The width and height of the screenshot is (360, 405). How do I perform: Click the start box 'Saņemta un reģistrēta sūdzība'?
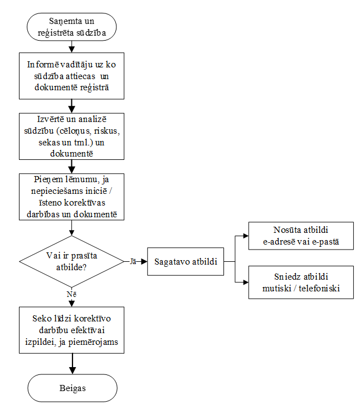click(x=71, y=27)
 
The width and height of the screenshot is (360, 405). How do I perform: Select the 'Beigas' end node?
click(x=72, y=388)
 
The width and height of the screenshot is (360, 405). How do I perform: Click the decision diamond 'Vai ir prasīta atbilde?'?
click(x=71, y=261)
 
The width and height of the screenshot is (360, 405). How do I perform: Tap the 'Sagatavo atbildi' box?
click(x=186, y=261)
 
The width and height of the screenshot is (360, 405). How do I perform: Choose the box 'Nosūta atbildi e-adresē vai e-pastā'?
click(x=301, y=236)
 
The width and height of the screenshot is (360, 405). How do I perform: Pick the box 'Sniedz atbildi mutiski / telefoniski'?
click(x=301, y=282)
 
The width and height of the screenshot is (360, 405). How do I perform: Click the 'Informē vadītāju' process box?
click(x=71, y=76)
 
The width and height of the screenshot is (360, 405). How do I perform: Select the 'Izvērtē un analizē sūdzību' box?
click(x=71, y=136)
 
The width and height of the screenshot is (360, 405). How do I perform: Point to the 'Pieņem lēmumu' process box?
click(x=71, y=197)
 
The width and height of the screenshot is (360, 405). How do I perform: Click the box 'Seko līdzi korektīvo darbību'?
click(x=71, y=330)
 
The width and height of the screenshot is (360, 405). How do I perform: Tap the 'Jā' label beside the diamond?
click(x=133, y=261)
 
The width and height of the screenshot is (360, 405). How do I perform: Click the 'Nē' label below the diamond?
click(x=71, y=294)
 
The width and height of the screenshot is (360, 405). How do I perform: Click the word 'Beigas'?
click(x=72, y=388)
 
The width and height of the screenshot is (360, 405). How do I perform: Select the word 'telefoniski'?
click(x=319, y=288)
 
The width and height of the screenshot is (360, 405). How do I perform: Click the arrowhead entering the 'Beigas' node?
click(x=72, y=371)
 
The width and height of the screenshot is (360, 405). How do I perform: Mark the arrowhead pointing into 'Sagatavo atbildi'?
click(x=144, y=262)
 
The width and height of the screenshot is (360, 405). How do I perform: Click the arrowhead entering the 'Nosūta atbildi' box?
click(x=246, y=236)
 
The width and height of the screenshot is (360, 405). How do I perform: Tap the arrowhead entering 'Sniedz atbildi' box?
click(x=246, y=282)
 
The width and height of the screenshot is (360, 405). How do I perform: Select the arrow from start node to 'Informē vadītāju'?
click(x=71, y=47)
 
